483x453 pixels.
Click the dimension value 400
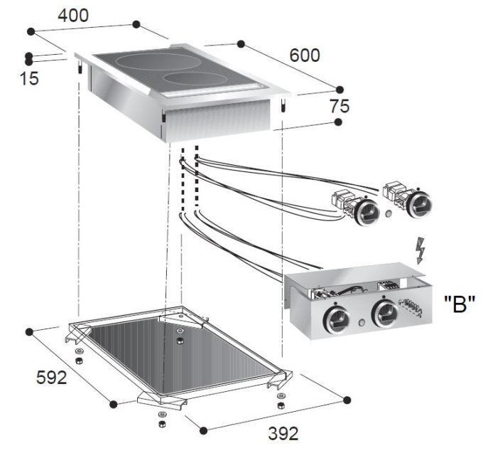click(74, 15)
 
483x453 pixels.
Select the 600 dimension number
click(304, 55)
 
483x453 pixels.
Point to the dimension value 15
click(29, 79)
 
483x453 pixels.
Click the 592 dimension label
click(52, 377)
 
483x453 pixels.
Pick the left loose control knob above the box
click(366, 210)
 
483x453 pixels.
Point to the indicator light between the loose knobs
click(389, 213)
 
